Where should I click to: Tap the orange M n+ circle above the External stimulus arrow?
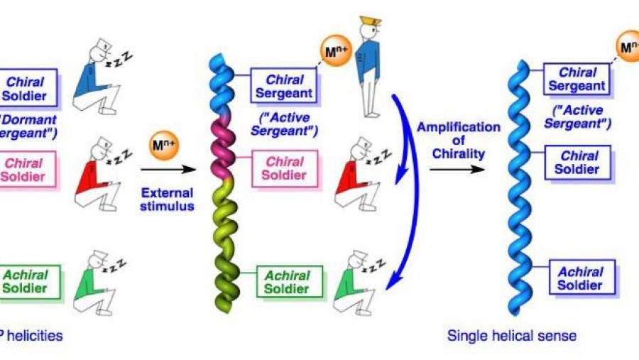pos(160,148)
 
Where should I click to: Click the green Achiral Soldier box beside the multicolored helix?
pos(286,282)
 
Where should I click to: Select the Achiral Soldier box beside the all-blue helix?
pos(579,278)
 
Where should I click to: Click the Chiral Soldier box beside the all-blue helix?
pos(579,163)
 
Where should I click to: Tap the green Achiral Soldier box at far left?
pos(32,282)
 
